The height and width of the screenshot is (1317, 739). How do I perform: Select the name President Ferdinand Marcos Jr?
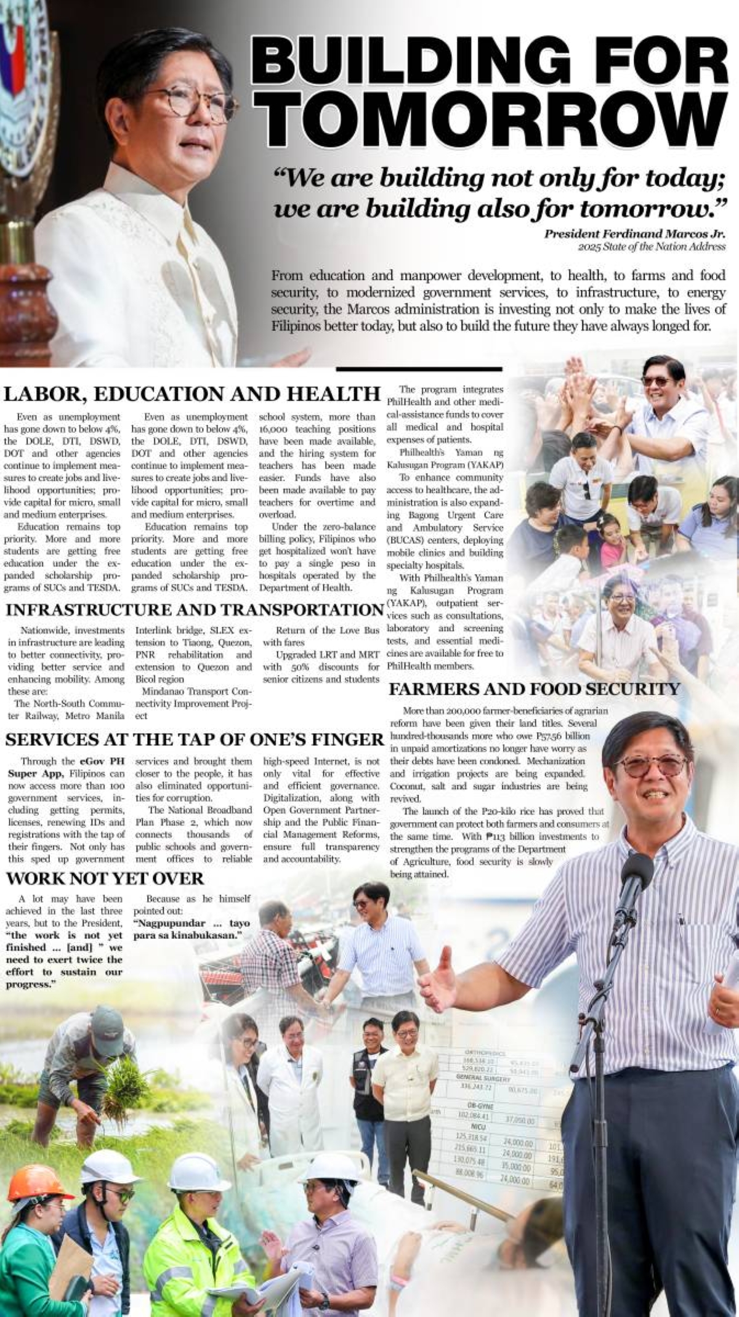(x=634, y=234)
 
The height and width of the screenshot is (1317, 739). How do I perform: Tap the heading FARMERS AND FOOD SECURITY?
(x=534, y=689)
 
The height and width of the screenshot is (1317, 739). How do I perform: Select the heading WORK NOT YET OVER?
(x=105, y=878)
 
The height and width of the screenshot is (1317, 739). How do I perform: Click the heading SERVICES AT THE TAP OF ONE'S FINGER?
(x=195, y=739)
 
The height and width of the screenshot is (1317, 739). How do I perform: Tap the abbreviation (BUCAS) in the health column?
(x=404, y=540)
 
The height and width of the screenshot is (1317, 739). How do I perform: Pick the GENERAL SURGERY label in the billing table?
(x=484, y=1078)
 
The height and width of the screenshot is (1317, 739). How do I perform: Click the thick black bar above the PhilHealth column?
(x=419, y=369)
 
